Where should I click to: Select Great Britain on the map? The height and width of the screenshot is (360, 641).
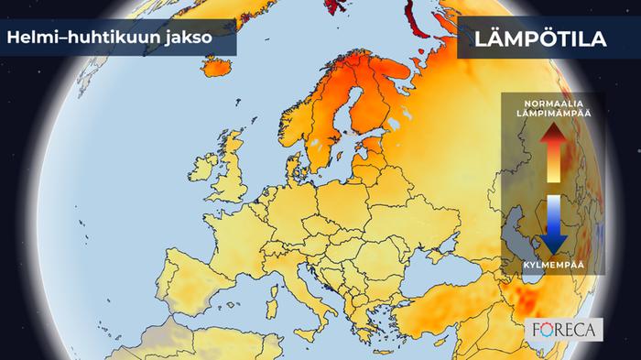pyautogui.click(x=230, y=174)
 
